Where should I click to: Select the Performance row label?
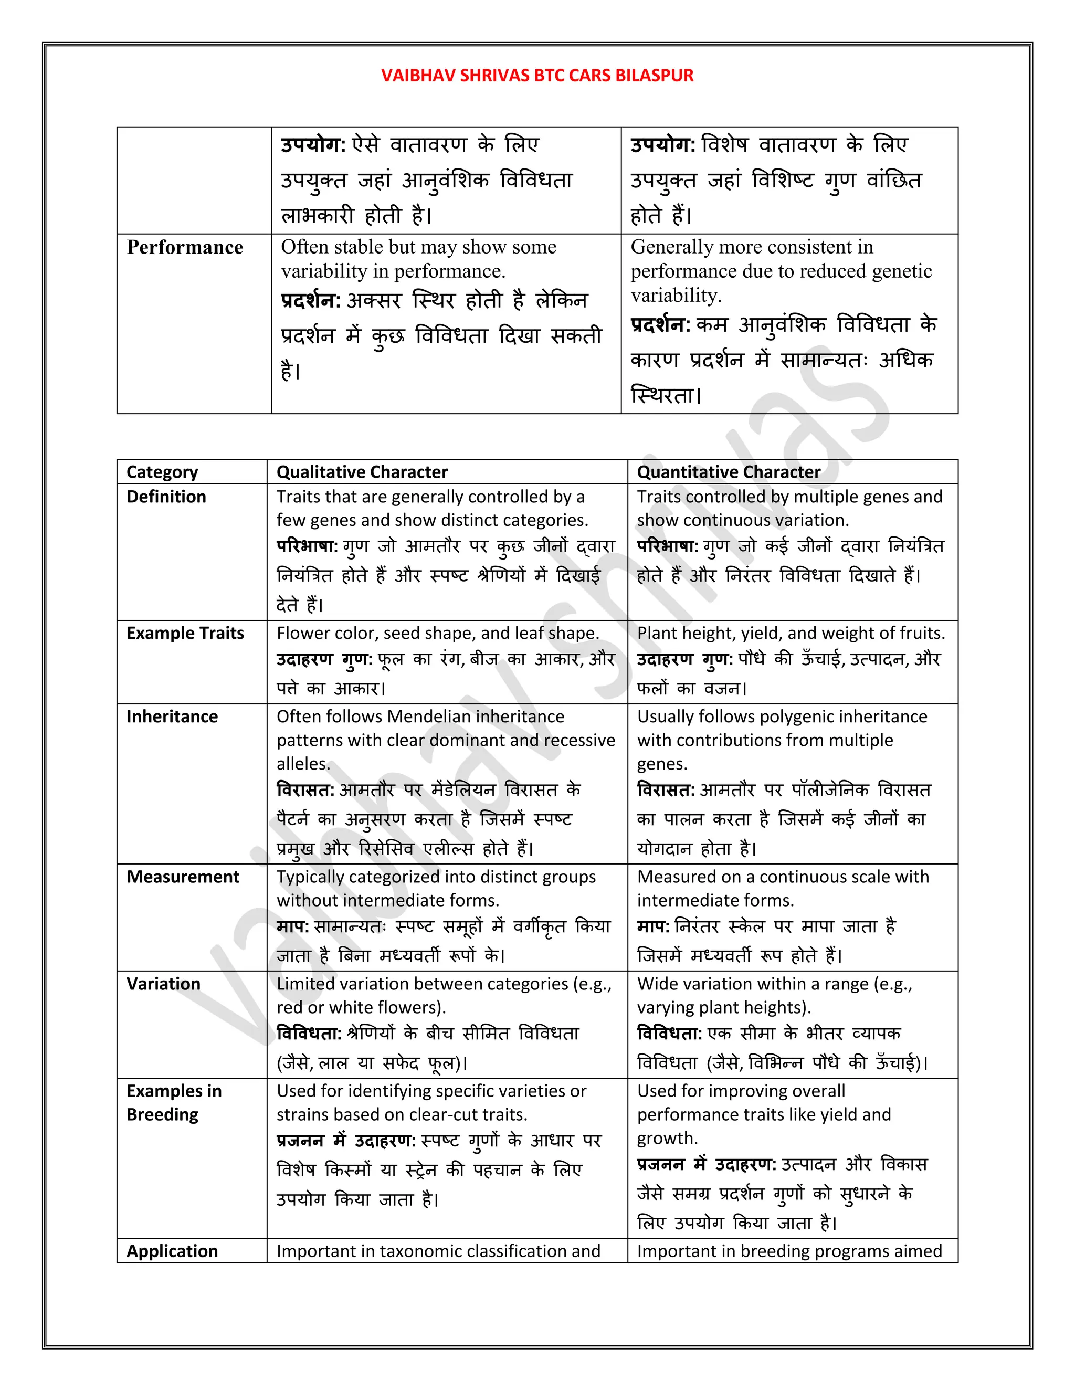(185, 247)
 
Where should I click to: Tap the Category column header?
(162, 472)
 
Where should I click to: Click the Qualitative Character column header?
(362, 472)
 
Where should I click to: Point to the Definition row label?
(166, 497)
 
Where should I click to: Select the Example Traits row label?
(185, 633)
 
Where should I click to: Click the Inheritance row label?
(172, 716)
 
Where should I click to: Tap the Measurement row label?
(183, 877)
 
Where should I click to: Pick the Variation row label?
(163, 984)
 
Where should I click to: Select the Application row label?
(172, 1251)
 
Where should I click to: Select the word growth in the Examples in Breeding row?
(666, 1138)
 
